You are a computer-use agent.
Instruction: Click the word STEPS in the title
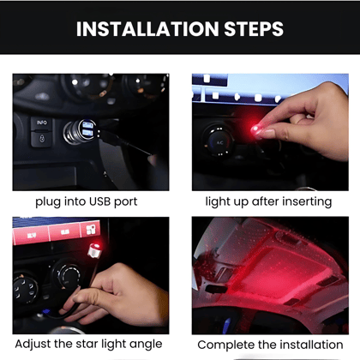252,29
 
